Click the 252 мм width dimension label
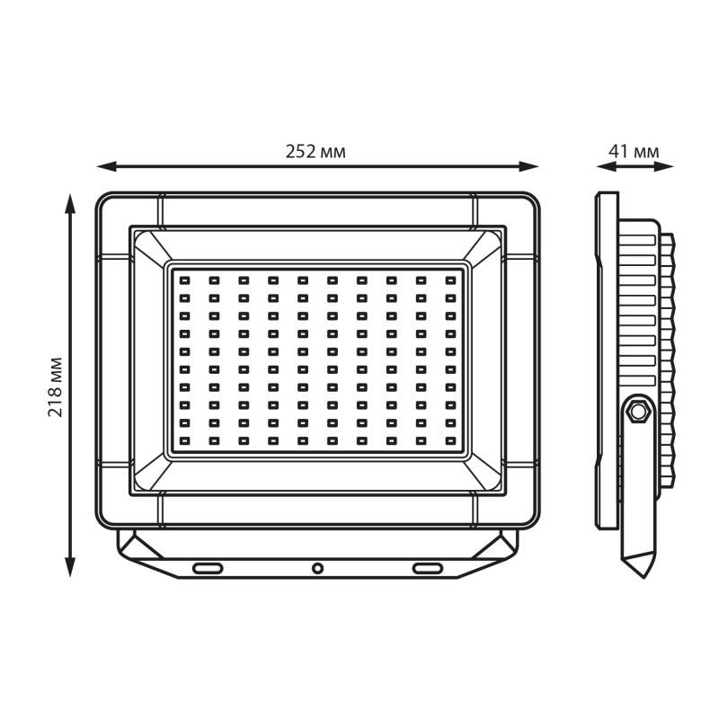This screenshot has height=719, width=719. coord(315,151)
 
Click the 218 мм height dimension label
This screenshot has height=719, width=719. coord(55,386)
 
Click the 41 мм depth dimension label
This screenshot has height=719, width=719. coord(634,151)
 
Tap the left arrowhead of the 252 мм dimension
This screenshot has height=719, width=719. coord(106,166)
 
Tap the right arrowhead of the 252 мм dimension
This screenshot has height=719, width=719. coord(528,166)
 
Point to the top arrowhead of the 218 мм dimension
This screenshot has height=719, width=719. coord(70,204)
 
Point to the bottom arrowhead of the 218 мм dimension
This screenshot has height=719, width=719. coord(70,567)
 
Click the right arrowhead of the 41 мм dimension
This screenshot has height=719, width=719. coord(664,166)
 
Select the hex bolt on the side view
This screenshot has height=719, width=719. coord(638,411)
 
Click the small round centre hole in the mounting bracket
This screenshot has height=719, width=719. coord(317,569)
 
